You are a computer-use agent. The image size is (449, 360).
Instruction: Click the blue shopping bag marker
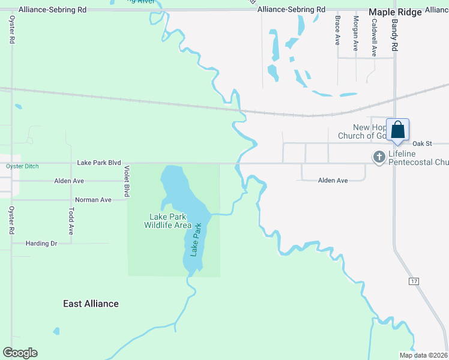(397, 130)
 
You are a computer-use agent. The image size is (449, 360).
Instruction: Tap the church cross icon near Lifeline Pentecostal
(379, 157)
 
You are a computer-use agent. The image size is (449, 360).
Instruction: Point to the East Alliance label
(91, 304)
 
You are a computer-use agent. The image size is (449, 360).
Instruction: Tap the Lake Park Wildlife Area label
(167, 221)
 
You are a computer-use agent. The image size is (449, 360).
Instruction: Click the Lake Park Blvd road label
(99, 163)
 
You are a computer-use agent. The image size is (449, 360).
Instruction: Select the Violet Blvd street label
(127, 182)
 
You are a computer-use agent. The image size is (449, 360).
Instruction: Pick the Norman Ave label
(93, 200)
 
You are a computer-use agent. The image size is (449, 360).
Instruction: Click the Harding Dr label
(41, 244)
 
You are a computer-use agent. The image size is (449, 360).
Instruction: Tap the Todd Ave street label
(71, 221)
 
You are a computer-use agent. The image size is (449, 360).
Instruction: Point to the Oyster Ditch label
(22, 166)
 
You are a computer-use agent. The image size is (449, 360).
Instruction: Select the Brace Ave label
(338, 31)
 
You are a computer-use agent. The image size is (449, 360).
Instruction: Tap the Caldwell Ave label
(374, 37)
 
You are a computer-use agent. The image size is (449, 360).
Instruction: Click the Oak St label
(423, 143)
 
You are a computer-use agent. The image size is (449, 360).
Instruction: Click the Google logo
(20, 353)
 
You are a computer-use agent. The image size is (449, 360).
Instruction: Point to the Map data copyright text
(423, 355)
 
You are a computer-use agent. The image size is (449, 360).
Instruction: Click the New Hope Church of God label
(372, 131)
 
